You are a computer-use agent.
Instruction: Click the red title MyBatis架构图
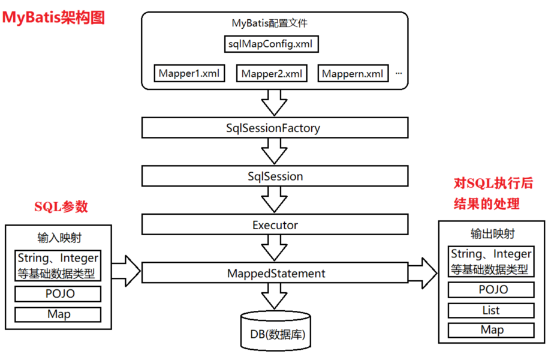point(53,17)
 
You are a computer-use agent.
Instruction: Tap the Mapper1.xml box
point(189,74)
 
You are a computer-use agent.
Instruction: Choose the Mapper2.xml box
point(272,74)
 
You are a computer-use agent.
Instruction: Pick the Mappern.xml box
point(352,74)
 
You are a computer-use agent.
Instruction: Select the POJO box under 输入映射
point(58,294)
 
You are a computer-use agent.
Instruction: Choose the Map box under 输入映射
point(58,314)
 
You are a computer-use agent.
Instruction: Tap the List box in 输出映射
point(491,310)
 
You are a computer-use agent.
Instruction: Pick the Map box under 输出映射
point(491,330)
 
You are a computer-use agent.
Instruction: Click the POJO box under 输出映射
point(491,290)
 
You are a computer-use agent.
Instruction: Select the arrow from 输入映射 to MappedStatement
point(125,271)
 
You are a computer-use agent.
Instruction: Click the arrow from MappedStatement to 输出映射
point(423,273)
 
